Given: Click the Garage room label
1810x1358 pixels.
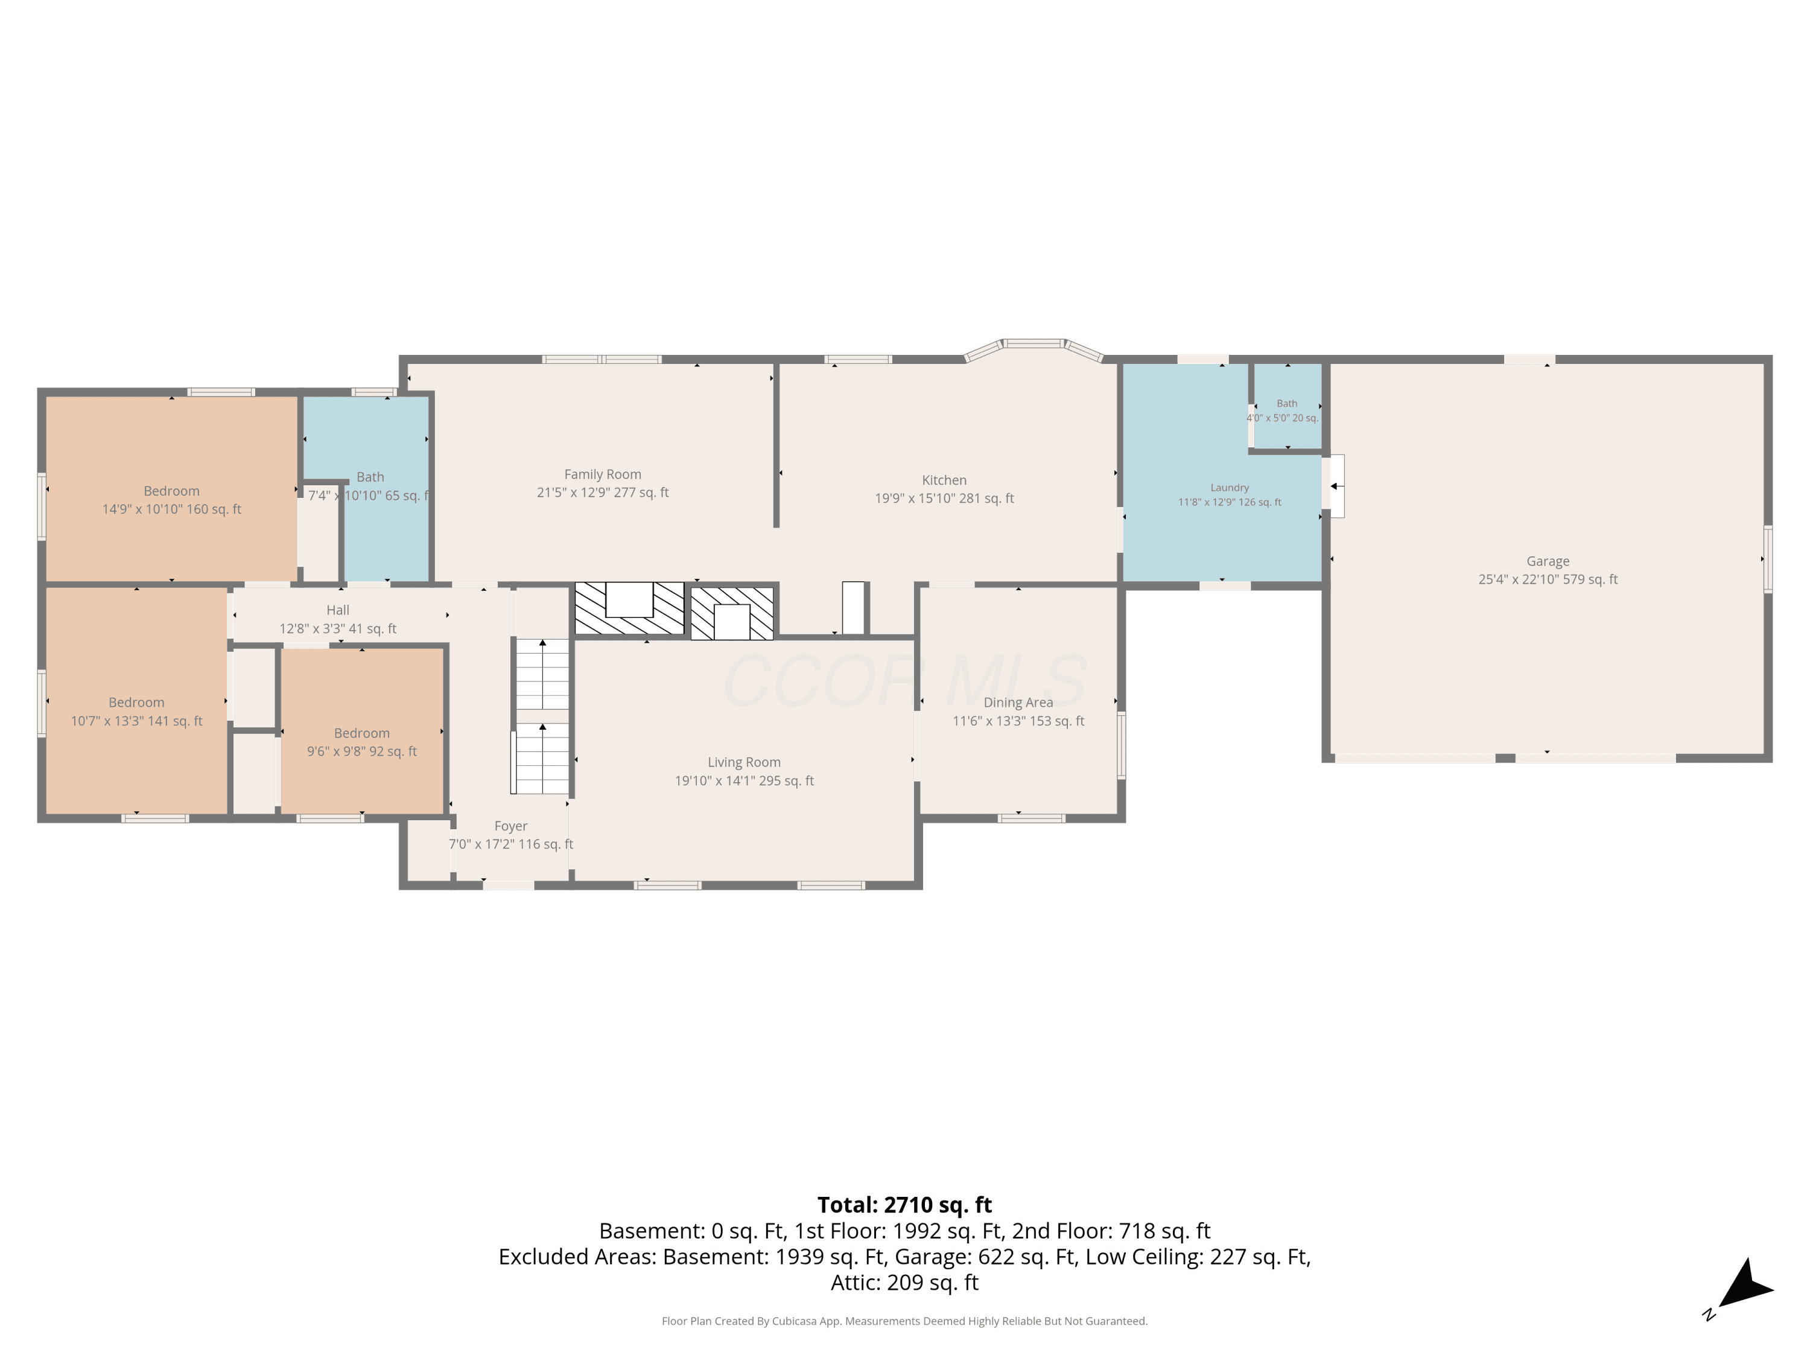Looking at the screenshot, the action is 1548,561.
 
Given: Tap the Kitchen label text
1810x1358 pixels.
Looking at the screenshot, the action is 944,480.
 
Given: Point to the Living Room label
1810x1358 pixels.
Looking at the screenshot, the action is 744,762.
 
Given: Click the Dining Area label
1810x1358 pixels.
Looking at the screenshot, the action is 1018,703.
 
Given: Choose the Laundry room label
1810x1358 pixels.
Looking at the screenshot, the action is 1229,488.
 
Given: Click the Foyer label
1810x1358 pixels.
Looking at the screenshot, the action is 510,826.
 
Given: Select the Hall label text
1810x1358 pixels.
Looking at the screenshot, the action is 338,610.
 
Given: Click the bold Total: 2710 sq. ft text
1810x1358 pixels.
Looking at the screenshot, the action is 904,1205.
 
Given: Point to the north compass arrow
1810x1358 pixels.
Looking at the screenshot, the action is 1745,1284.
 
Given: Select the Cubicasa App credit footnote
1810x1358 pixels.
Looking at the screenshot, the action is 904,1321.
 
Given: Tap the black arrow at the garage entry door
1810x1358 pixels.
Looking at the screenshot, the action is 1334,486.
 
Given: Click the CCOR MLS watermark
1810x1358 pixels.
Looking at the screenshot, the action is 904,681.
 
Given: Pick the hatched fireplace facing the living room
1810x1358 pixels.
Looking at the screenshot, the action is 732,612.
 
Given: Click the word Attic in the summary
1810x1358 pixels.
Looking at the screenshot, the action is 855,1283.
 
